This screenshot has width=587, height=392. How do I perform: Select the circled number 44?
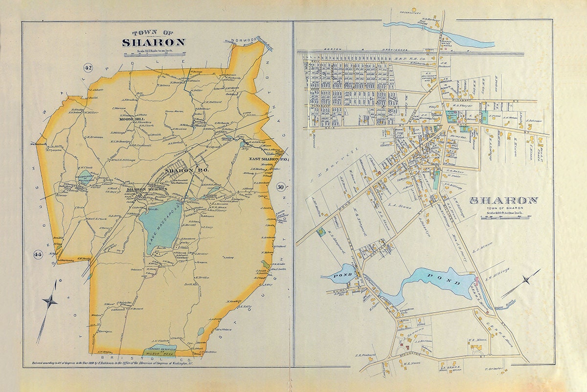38,254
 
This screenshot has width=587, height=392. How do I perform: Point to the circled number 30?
281,186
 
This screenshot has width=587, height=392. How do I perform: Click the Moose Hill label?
126,119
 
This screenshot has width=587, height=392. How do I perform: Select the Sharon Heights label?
147,189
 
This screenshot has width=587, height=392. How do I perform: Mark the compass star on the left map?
50,301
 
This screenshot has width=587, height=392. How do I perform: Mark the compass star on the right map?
526,280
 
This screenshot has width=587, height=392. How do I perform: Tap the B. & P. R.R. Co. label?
404,58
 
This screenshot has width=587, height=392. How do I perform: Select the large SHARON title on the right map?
504,200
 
